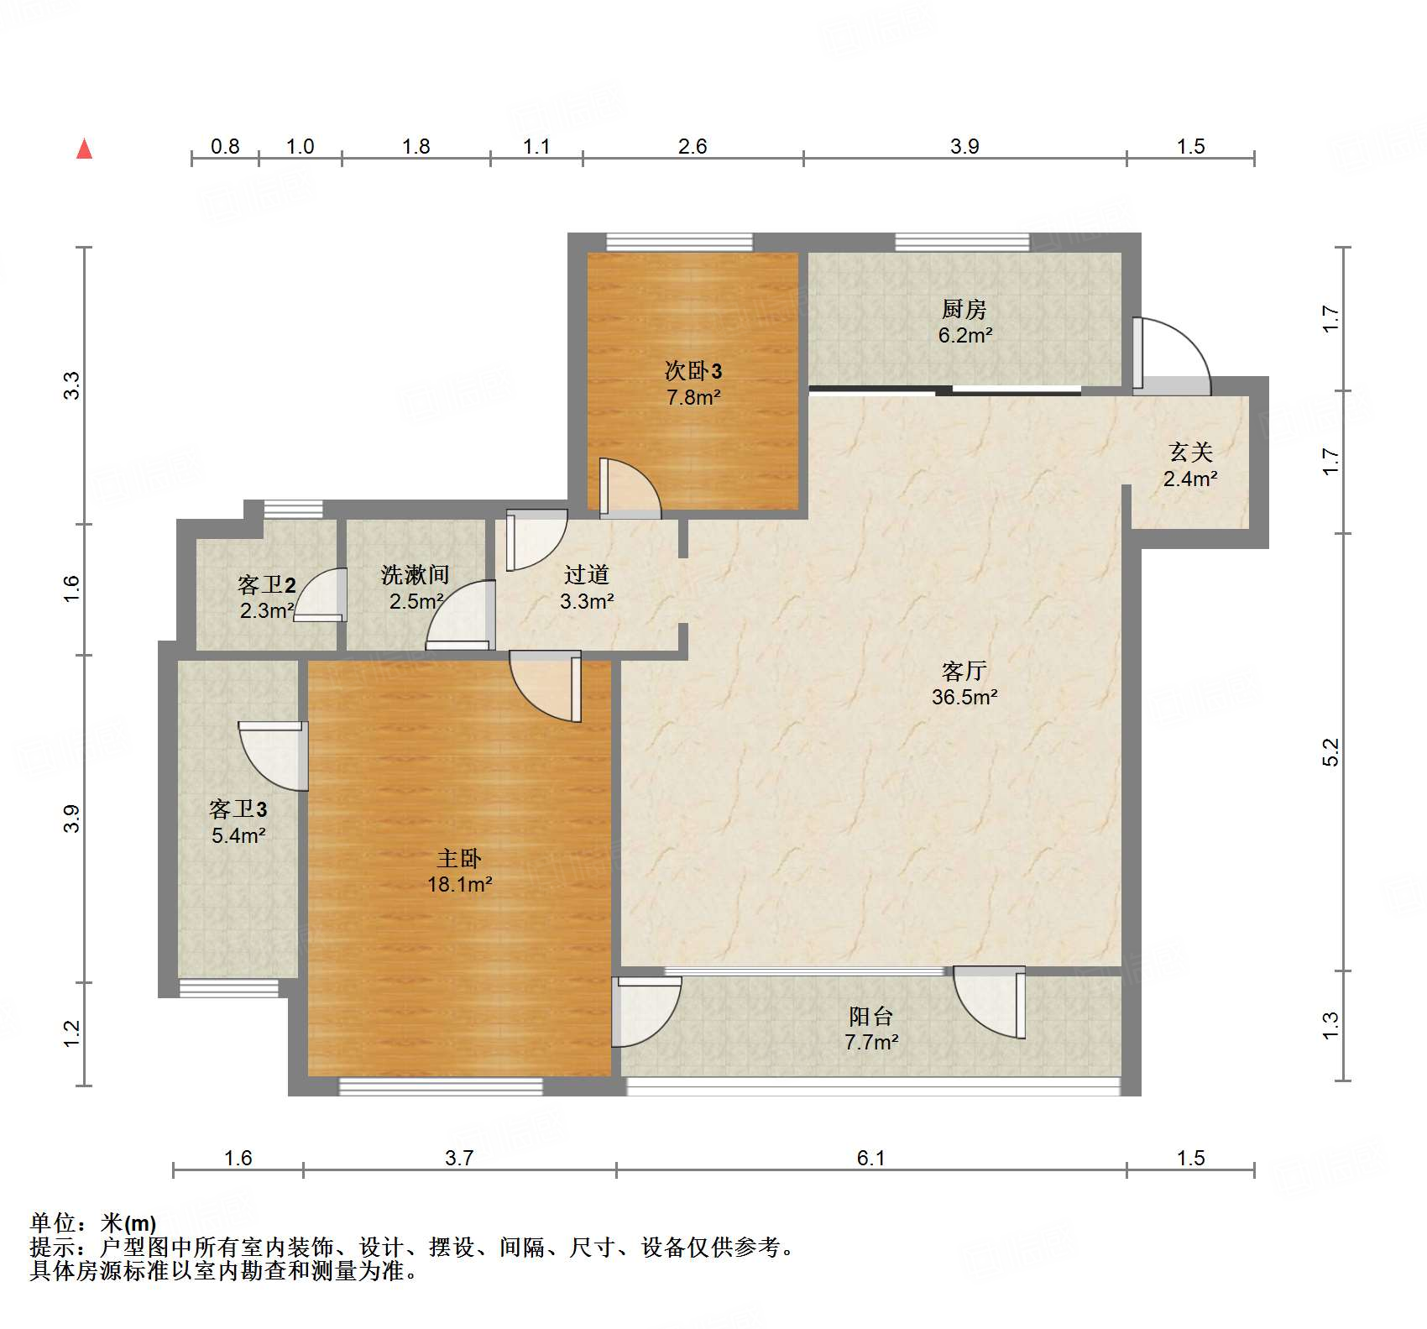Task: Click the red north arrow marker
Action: (84, 149)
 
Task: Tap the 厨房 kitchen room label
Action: (964, 309)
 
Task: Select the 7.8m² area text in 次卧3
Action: (693, 397)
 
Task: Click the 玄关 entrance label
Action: (1190, 453)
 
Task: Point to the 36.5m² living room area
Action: (964, 697)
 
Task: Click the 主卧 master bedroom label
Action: (459, 858)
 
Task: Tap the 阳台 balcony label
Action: (870, 1016)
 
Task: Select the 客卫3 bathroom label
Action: (238, 809)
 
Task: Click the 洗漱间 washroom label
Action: (415, 575)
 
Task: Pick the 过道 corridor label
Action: (586, 575)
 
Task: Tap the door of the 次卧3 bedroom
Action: (630, 487)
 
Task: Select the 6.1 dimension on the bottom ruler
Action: (870, 1159)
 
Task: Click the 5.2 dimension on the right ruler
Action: (1330, 752)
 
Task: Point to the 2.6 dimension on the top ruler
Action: (693, 146)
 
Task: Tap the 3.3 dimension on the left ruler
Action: (72, 385)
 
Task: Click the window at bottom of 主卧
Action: (441, 1087)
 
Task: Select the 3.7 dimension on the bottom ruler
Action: (459, 1159)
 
